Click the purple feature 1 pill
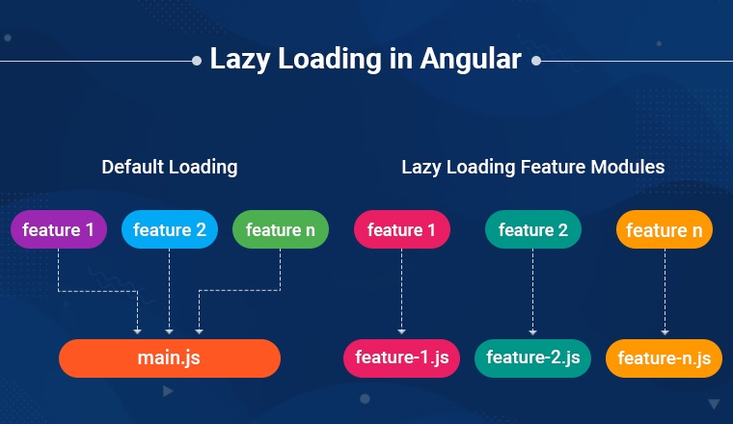59,229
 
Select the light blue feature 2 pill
169,229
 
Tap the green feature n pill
281,229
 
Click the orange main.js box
169,358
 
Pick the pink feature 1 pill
401,229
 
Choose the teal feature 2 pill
533,229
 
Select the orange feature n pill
665,229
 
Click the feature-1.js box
401,358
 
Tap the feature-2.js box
533,358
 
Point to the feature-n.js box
664,358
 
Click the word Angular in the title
471,60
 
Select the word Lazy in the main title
240,60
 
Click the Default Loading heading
170,167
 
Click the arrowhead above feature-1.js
401,331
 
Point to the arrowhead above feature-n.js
665,332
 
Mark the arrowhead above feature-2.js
532,332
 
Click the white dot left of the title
197,61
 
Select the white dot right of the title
536,61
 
